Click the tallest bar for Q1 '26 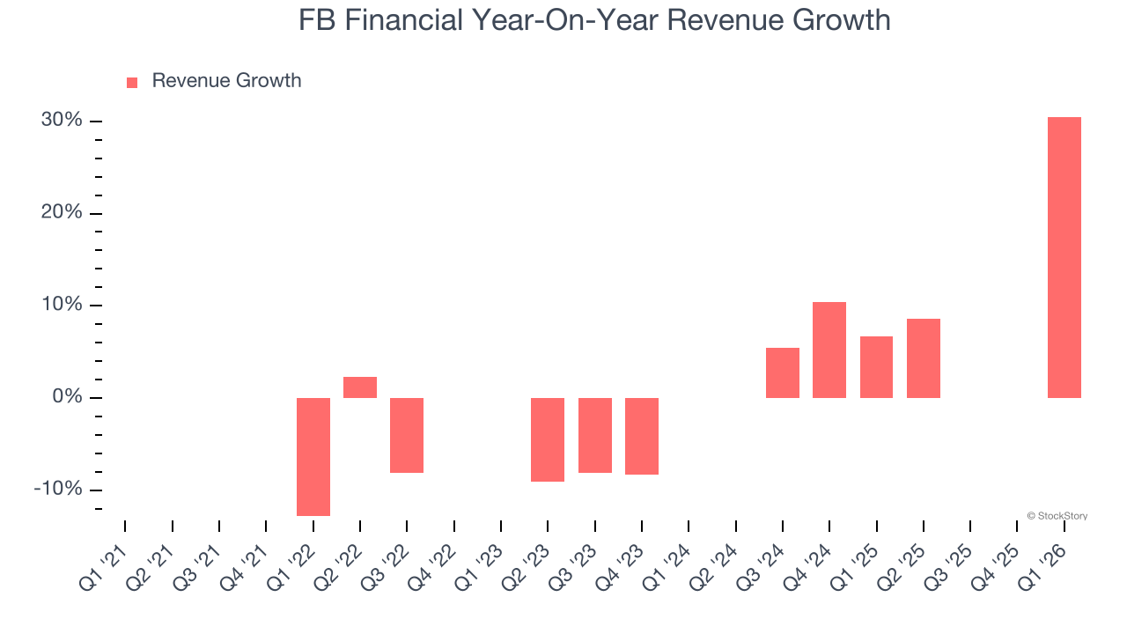(1064, 257)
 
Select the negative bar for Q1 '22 (313, 456)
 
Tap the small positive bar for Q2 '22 (360, 387)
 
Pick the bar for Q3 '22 (407, 435)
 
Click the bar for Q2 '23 (548, 439)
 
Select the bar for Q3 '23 (594, 435)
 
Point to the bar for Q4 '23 (642, 436)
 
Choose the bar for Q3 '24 (782, 372)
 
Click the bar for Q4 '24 (829, 350)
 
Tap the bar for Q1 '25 (876, 367)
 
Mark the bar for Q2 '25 (923, 358)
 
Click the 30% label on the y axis (62, 121)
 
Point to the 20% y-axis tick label (62, 213)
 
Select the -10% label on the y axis (58, 490)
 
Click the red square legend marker (132, 83)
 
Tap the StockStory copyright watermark (1057, 516)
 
